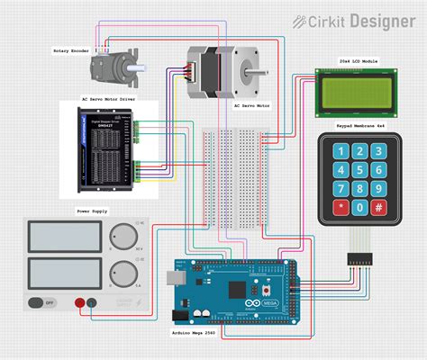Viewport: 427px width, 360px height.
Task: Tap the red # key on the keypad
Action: [379, 209]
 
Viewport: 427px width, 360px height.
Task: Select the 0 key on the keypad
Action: [360, 209]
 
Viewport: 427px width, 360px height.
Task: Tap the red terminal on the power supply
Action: [80, 304]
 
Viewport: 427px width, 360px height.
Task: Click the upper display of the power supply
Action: [61, 236]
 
